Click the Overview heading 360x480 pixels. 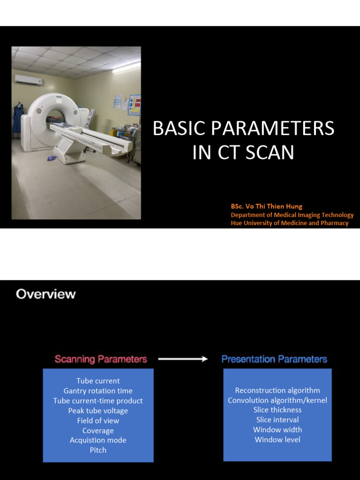[x=45, y=294]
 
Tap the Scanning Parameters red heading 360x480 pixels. [x=101, y=359]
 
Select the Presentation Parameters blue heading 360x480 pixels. [x=274, y=359]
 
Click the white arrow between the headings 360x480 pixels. [x=183, y=359]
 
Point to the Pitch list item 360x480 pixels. [x=98, y=450]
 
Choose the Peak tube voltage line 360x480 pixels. [x=98, y=411]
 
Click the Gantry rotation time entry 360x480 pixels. [x=98, y=391]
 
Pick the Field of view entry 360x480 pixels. [x=98, y=420]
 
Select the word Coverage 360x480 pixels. [x=98, y=431]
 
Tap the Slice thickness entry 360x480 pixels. [x=277, y=410]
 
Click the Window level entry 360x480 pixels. [x=277, y=440]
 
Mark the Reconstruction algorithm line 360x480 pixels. [x=277, y=390]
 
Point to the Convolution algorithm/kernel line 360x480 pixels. [x=277, y=400]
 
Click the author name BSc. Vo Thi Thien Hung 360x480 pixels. [x=267, y=206]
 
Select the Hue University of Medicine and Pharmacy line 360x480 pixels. [x=290, y=223]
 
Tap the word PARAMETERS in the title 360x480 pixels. [x=272, y=128]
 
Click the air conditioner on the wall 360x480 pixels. [x=29, y=80]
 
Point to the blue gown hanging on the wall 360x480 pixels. [x=18, y=118]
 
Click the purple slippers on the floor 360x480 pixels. [x=52, y=158]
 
